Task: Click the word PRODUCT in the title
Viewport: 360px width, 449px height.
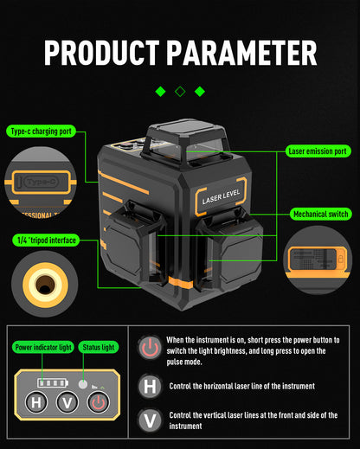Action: pos(102,53)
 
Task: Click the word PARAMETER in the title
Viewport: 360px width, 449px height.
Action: pos(241,53)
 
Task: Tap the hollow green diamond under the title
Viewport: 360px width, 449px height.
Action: pos(180,92)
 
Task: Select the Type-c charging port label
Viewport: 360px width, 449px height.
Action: pos(41,131)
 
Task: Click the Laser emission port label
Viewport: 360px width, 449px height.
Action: pos(318,151)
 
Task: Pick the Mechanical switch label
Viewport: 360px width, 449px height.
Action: pos(321,214)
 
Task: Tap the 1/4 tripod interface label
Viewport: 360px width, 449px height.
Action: pos(46,240)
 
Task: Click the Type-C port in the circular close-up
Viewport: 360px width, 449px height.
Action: pos(42,182)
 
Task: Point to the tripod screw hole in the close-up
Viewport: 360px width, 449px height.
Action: pos(45,285)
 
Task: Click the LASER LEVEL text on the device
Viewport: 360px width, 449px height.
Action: pos(221,196)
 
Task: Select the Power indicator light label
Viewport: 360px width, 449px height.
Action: pos(43,347)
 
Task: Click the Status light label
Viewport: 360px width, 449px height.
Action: pos(99,347)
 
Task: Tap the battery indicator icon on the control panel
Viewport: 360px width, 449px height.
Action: pos(53,383)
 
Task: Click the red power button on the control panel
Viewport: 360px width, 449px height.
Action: pos(99,402)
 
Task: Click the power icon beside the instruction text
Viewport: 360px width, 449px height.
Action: pos(150,347)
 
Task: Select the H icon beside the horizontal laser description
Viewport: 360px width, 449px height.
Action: pos(150,387)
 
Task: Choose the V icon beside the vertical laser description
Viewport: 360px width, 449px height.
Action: pos(150,420)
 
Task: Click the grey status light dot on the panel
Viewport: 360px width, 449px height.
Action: pos(83,384)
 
